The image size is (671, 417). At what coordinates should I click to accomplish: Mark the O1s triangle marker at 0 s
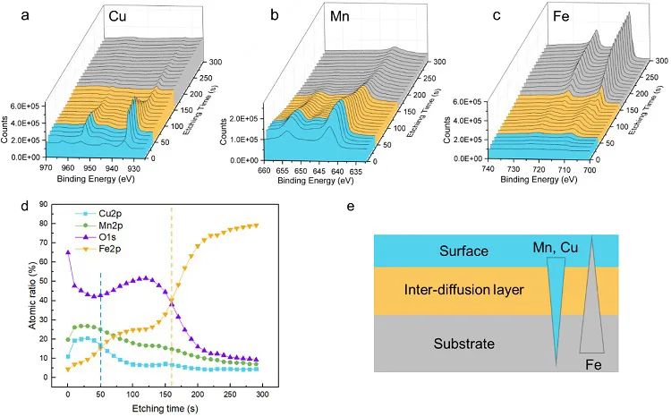pyautogui.click(x=68, y=252)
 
